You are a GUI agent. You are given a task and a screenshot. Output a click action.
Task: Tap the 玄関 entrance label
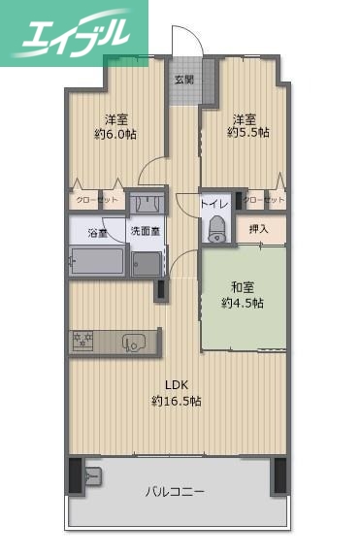tap(183, 80)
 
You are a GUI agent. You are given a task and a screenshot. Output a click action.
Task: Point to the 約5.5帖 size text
tap(248, 133)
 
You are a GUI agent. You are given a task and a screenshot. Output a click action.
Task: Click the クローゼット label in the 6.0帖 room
tap(97, 200)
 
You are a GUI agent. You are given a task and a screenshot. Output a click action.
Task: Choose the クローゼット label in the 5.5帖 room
tap(264, 200)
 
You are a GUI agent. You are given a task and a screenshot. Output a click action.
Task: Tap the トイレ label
tap(213, 205)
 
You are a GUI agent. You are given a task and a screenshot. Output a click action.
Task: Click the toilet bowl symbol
tap(215, 230)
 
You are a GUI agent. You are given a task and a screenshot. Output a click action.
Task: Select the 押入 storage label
tap(259, 231)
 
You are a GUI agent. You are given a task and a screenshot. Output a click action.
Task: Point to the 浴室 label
tap(98, 233)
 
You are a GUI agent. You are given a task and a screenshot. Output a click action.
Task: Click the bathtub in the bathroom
tap(97, 261)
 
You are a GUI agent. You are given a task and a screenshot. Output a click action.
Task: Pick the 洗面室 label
tap(146, 233)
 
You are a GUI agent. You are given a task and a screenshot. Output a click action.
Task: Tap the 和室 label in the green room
tap(243, 287)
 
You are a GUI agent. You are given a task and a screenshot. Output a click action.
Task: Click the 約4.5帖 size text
tap(243, 304)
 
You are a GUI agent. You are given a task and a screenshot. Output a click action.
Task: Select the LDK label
tap(177, 384)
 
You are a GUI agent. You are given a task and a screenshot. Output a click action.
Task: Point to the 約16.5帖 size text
tap(177, 401)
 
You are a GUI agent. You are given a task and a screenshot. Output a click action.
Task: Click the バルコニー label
tap(176, 492)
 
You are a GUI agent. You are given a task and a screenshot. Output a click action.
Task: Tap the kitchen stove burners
tap(82, 340)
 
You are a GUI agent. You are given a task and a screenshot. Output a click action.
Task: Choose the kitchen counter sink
tap(134, 340)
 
